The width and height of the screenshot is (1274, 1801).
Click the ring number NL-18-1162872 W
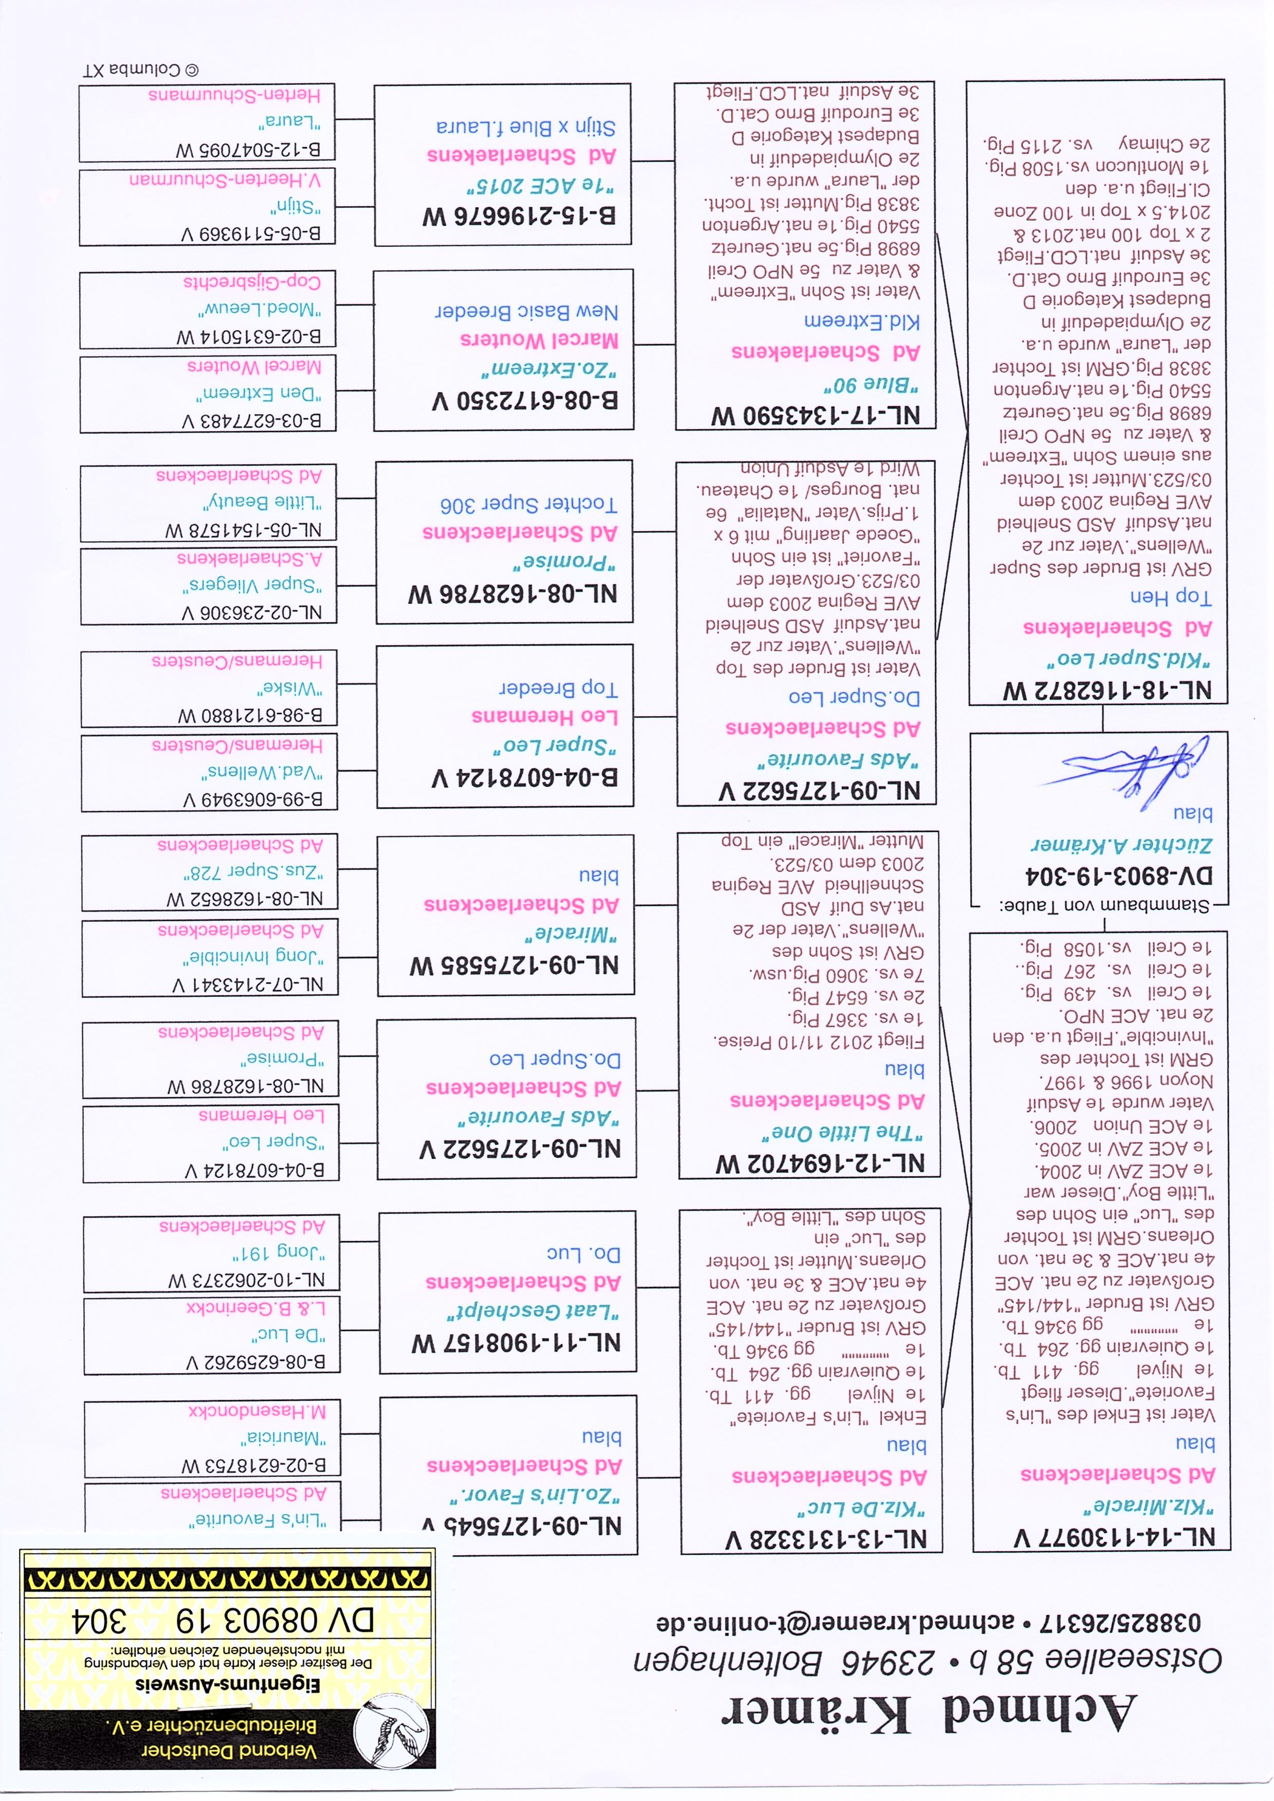[x=1108, y=690]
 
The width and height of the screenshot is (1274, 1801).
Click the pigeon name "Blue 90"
[x=871, y=384]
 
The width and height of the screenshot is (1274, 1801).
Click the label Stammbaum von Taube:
[x=1104, y=905]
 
